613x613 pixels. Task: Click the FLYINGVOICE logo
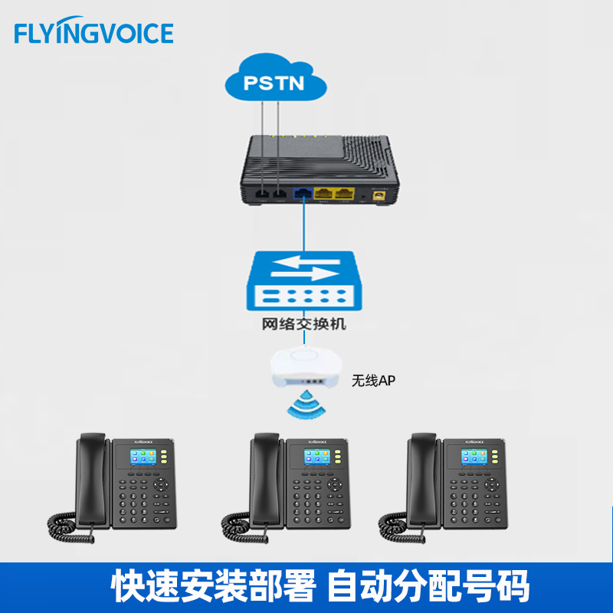93,33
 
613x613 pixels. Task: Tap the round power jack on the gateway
378,195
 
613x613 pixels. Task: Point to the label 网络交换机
304,324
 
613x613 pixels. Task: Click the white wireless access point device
303,367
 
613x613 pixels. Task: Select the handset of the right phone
422,475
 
